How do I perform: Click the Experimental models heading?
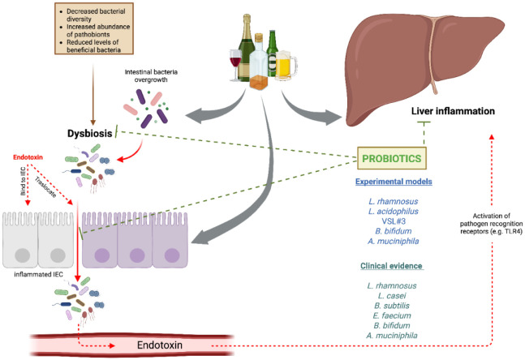point(394,182)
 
